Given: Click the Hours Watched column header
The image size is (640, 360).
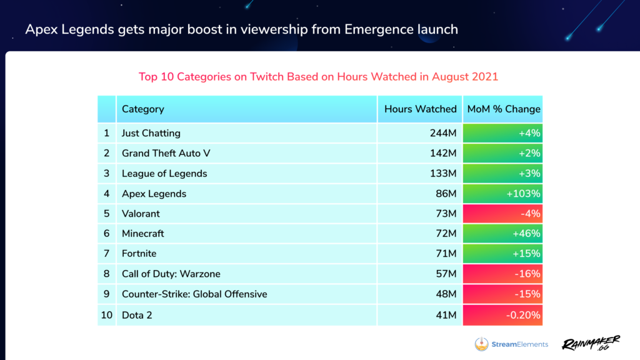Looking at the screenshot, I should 420,109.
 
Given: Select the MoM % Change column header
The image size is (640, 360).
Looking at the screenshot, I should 503,109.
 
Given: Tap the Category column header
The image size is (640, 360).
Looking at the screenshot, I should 143,109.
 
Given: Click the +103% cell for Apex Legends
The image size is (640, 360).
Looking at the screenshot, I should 523,194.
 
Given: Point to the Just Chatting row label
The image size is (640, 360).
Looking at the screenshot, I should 151,133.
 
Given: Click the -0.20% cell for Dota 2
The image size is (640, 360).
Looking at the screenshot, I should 524,315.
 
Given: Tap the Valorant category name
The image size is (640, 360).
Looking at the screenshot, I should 141,214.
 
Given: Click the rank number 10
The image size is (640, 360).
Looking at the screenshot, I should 107,315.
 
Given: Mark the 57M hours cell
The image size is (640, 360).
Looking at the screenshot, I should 446,274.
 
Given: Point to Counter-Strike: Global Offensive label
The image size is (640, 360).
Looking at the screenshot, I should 194,294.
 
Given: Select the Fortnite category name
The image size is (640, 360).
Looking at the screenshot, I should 139,254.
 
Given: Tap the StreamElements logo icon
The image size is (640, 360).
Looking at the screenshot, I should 481,344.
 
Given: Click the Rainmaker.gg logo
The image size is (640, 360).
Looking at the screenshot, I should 590,343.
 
